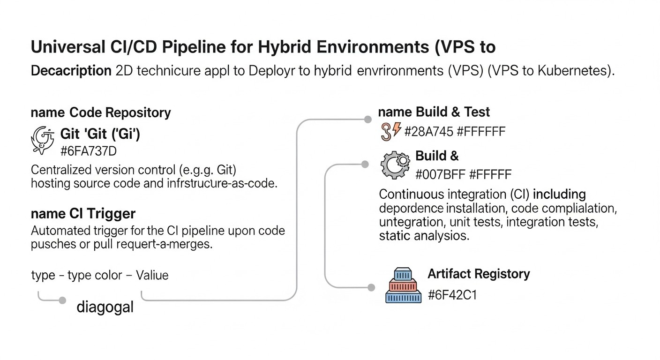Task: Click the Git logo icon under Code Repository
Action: (x=43, y=140)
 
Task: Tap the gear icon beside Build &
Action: (x=395, y=165)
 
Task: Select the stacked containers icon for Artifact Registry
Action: (x=403, y=285)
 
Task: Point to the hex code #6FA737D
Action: (x=89, y=151)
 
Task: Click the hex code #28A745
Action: (x=428, y=132)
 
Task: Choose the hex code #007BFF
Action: (x=440, y=175)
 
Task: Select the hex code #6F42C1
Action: (x=452, y=295)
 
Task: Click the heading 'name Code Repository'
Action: (x=101, y=113)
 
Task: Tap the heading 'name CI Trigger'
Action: (x=83, y=214)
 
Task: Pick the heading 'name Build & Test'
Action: (x=434, y=112)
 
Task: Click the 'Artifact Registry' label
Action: (x=479, y=274)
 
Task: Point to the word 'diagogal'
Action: (x=105, y=307)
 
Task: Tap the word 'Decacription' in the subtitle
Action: (x=71, y=71)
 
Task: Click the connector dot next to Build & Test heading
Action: (x=368, y=120)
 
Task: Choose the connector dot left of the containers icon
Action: (x=371, y=287)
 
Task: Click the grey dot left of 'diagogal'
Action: (x=62, y=300)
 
